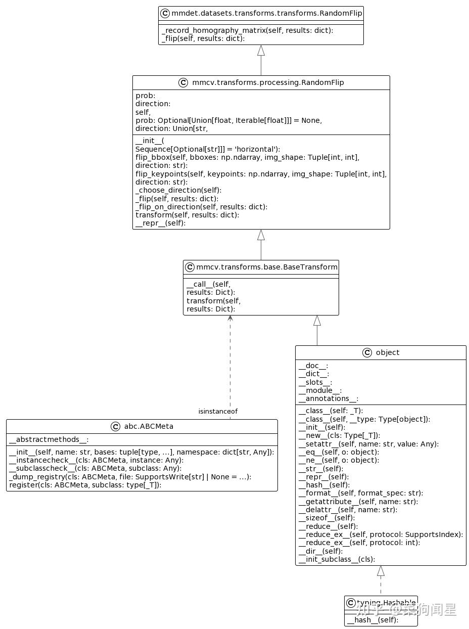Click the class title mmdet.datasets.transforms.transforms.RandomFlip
(266, 13)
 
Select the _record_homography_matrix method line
(247, 30)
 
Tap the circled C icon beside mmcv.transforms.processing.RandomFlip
(183, 82)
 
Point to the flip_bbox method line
(247, 157)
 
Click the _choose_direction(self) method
(178, 190)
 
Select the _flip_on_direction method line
(201, 206)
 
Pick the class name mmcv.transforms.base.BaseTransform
(266, 267)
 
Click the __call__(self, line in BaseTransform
(208, 284)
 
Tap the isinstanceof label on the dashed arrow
(218, 412)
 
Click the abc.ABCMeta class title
(148, 426)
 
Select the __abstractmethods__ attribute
(49, 440)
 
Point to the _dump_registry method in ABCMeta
(130, 477)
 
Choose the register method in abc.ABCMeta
(85, 485)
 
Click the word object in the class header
(388, 352)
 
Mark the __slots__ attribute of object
(315, 382)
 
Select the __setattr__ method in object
(368, 444)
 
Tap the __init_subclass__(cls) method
(337, 559)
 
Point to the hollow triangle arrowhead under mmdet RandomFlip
(261, 50)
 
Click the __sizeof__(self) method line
(326, 518)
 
